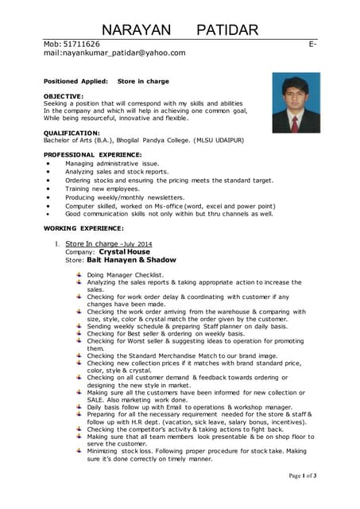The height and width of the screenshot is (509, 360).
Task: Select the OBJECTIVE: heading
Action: coord(63,96)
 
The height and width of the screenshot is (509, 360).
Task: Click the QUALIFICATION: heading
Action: coord(72,133)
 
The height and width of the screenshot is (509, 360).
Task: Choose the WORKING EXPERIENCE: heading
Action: coord(84,228)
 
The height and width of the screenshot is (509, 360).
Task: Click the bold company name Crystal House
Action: coord(124,251)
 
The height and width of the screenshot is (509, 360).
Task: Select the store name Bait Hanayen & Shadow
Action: coord(130,260)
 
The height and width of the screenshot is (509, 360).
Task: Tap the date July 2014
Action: coord(137,243)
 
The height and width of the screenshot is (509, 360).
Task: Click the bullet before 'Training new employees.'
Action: coord(49,189)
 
